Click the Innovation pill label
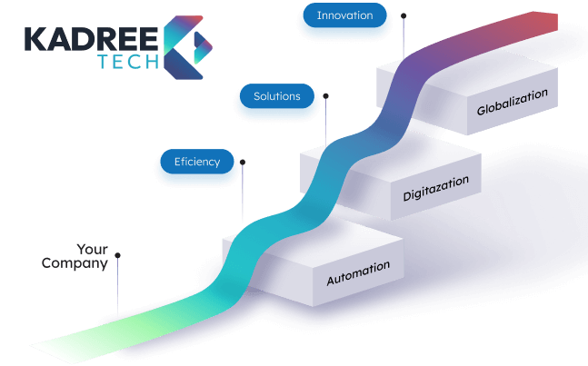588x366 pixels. (344, 16)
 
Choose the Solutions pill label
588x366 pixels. (276, 96)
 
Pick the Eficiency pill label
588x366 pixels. (197, 163)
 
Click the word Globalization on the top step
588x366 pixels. (513, 103)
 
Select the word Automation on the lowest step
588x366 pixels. (358, 272)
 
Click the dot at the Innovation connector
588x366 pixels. (404, 15)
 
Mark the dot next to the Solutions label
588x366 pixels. (325, 94)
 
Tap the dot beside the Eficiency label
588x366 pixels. (244, 162)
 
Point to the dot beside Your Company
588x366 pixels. (118, 256)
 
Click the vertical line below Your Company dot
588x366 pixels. (118, 291)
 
